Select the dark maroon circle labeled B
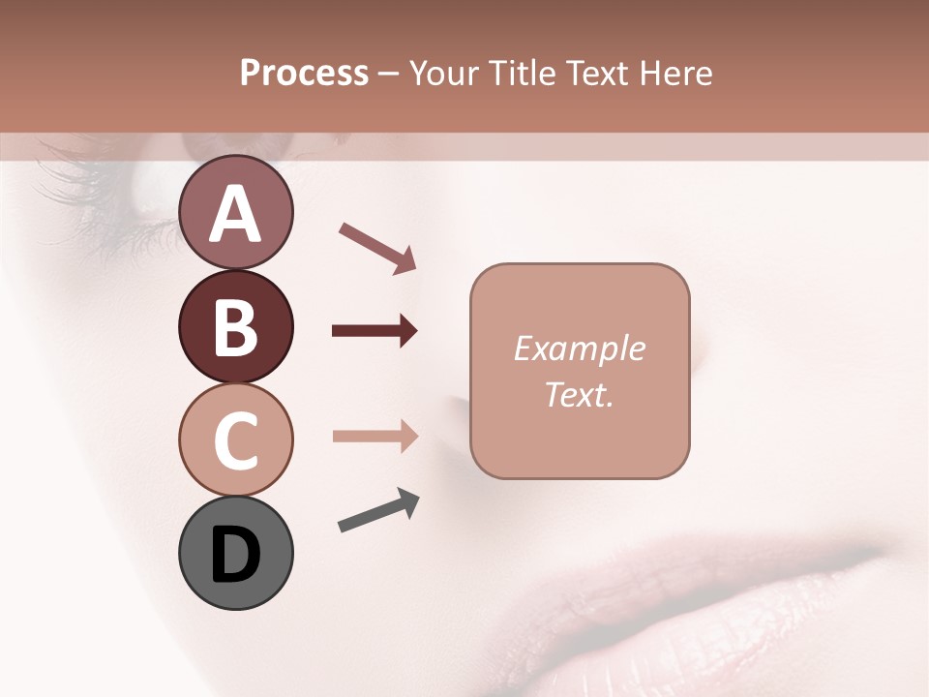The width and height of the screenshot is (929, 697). pyautogui.click(x=235, y=326)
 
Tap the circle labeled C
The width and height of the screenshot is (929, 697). pyautogui.click(x=235, y=439)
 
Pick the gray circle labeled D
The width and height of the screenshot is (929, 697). pyautogui.click(x=235, y=554)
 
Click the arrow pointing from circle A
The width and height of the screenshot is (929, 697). pyautogui.click(x=377, y=246)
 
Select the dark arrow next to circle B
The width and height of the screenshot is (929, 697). pyautogui.click(x=375, y=331)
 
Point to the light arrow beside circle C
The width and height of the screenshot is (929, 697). pyautogui.click(x=375, y=436)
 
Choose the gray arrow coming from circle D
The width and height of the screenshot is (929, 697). pyautogui.click(x=378, y=511)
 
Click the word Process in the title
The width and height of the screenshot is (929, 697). pyautogui.click(x=304, y=74)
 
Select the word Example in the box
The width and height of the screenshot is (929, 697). pyautogui.click(x=579, y=348)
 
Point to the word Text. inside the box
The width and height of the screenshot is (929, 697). pyautogui.click(x=579, y=394)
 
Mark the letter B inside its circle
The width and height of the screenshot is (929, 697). pyautogui.click(x=235, y=327)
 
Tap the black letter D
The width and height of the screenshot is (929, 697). pyautogui.click(x=235, y=555)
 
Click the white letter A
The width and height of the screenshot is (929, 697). pyautogui.click(x=235, y=214)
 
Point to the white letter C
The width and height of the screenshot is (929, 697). pyautogui.click(x=235, y=440)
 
